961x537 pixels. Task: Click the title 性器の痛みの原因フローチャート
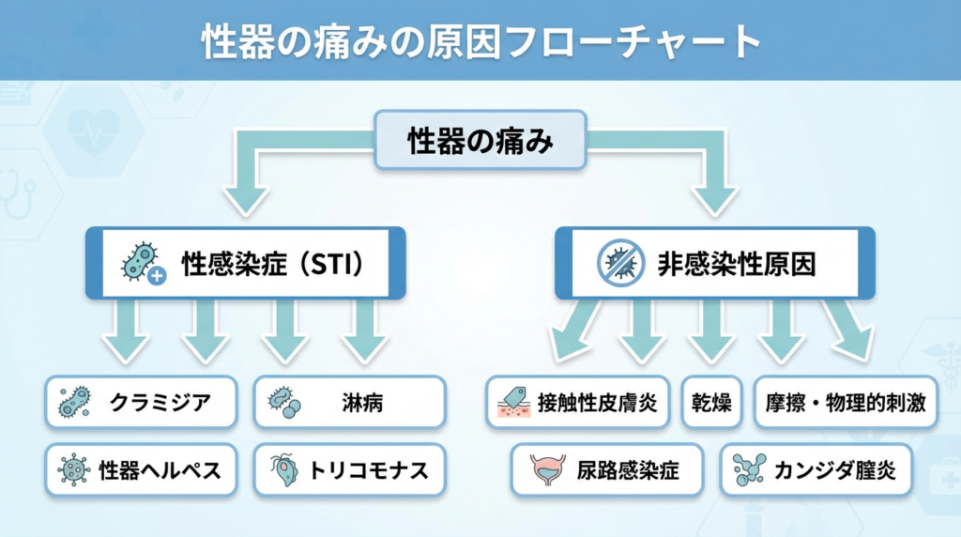(x=480, y=41)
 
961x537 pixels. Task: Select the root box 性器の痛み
(x=480, y=140)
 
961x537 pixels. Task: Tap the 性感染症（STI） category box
(x=245, y=263)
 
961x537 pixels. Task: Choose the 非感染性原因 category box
(x=714, y=263)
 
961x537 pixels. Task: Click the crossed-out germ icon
(x=620, y=263)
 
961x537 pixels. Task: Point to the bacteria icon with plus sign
(x=144, y=263)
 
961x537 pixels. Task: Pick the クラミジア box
(x=141, y=402)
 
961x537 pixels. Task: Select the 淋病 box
(x=349, y=402)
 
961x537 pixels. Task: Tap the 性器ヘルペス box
(x=141, y=469)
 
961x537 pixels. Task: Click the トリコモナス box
(x=349, y=469)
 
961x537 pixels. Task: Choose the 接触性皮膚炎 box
(x=577, y=402)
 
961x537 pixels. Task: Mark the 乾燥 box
(x=711, y=402)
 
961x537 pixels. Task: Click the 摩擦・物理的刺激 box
(x=846, y=402)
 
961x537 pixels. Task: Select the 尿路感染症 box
(x=607, y=469)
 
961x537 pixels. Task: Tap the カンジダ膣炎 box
(x=816, y=469)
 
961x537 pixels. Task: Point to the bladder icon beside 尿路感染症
(x=547, y=470)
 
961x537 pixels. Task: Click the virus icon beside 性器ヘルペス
(x=73, y=470)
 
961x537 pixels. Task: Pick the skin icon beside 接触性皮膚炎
(x=513, y=402)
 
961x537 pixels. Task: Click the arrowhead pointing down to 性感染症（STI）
(x=246, y=201)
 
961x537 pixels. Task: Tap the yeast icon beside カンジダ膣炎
(x=749, y=470)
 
